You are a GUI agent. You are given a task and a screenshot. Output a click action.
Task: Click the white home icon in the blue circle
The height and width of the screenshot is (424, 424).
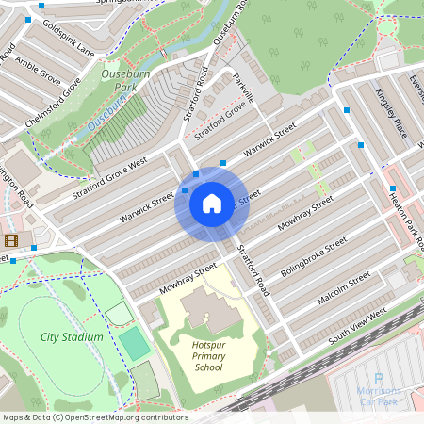(211, 203)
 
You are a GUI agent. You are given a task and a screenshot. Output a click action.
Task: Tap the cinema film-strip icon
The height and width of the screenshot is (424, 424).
(10, 239)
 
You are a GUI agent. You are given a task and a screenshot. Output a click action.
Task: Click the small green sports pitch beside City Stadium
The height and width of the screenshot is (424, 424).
(136, 345)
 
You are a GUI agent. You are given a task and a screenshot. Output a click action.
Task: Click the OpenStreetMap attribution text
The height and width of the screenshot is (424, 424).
(94, 417)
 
